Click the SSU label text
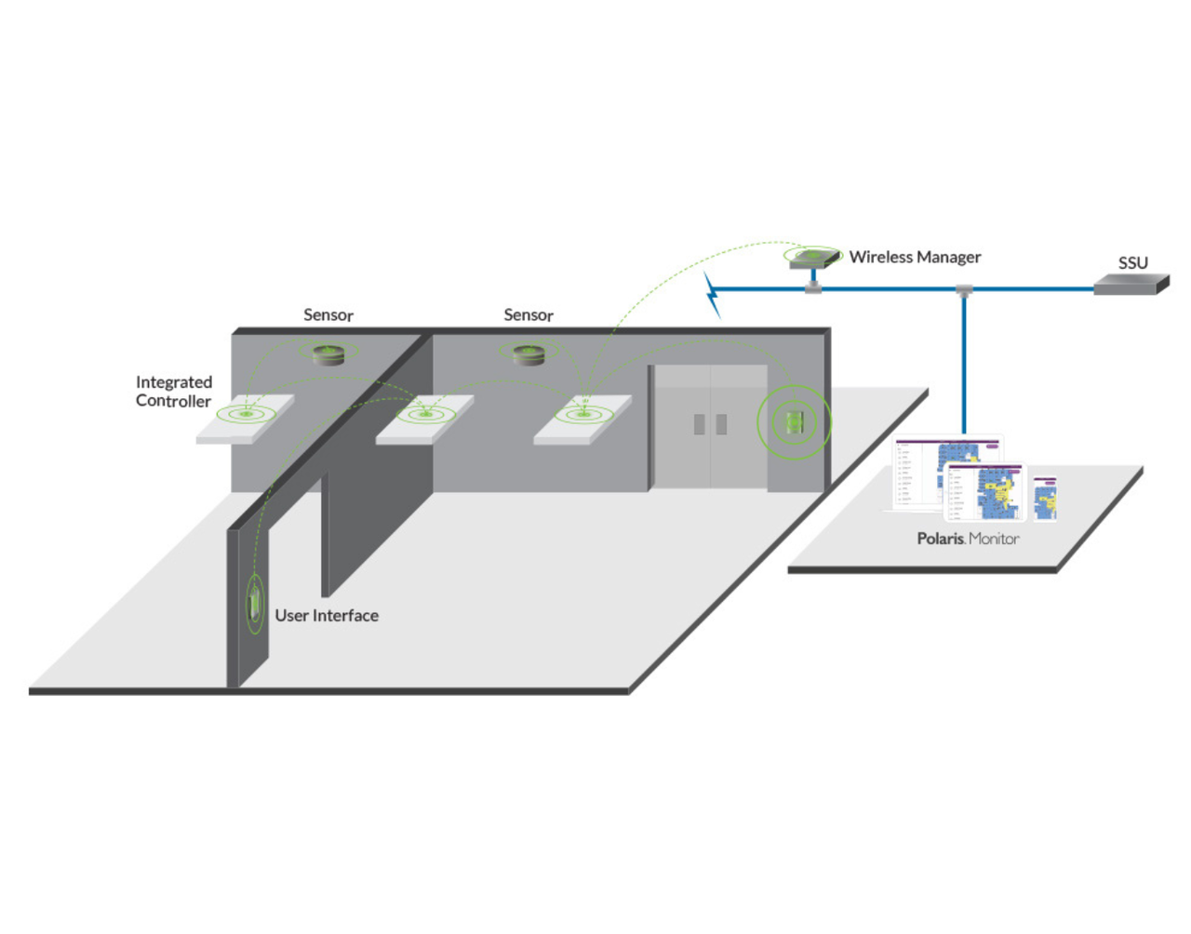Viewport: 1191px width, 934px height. (x=1132, y=263)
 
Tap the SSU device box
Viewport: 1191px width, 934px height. (x=1130, y=285)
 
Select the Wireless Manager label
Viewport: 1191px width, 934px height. (x=915, y=257)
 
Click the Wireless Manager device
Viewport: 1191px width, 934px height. (x=814, y=259)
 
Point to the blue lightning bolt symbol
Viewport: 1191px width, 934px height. (x=713, y=294)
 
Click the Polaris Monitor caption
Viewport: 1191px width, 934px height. (x=968, y=539)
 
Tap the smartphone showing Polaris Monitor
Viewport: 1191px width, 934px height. (x=1045, y=498)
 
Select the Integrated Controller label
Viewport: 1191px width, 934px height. (x=174, y=392)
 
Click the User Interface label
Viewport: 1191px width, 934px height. (x=327, y=616)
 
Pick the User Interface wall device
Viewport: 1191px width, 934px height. (x=254, y=603)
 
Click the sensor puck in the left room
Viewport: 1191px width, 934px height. (x=328, y=354)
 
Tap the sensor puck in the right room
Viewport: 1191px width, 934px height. (x=529, y=354)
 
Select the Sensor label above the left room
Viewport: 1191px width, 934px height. (x=328, y=315)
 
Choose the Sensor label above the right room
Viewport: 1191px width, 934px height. (x=529, y=315)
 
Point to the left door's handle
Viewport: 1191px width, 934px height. (x=699, y=424)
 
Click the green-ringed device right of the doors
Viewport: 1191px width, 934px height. (x=794, y=422)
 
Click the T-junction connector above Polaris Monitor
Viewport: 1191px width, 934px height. (x=964, y=291)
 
